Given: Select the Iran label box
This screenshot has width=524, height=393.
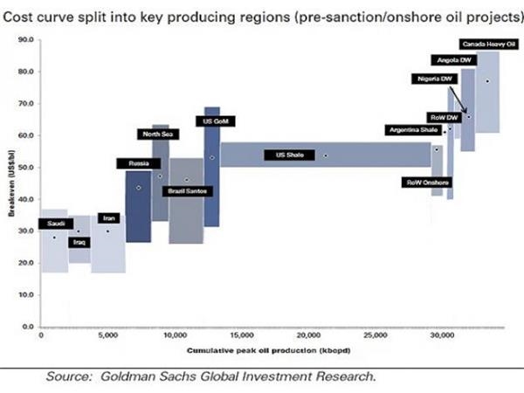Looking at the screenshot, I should tap(108, 218).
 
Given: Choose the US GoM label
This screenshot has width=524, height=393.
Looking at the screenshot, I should tap(214, 121).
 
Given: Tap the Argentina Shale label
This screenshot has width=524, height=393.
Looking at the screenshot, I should tap(413, 130).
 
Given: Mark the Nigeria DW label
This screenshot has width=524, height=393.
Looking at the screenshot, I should tap(435, 79).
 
